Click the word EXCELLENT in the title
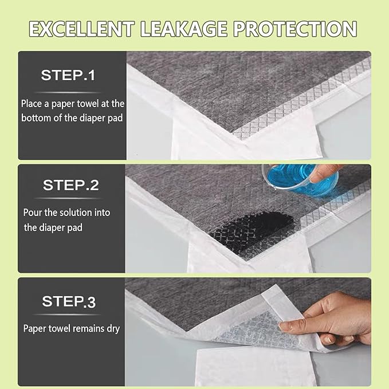click(x=82, y=28)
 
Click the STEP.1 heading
click(x=68, y=74)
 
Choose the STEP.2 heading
click(x=70, y=185)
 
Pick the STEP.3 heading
click(x=68, y=302)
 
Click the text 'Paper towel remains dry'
click(x=71, y=329)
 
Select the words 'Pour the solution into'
click(x=66, y=213)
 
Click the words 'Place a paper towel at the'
click(x=72, y=104)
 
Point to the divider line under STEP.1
click(x=68, y=92)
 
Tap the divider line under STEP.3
click(x=68, y=315)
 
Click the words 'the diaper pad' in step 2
click(x=53, y=227)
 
